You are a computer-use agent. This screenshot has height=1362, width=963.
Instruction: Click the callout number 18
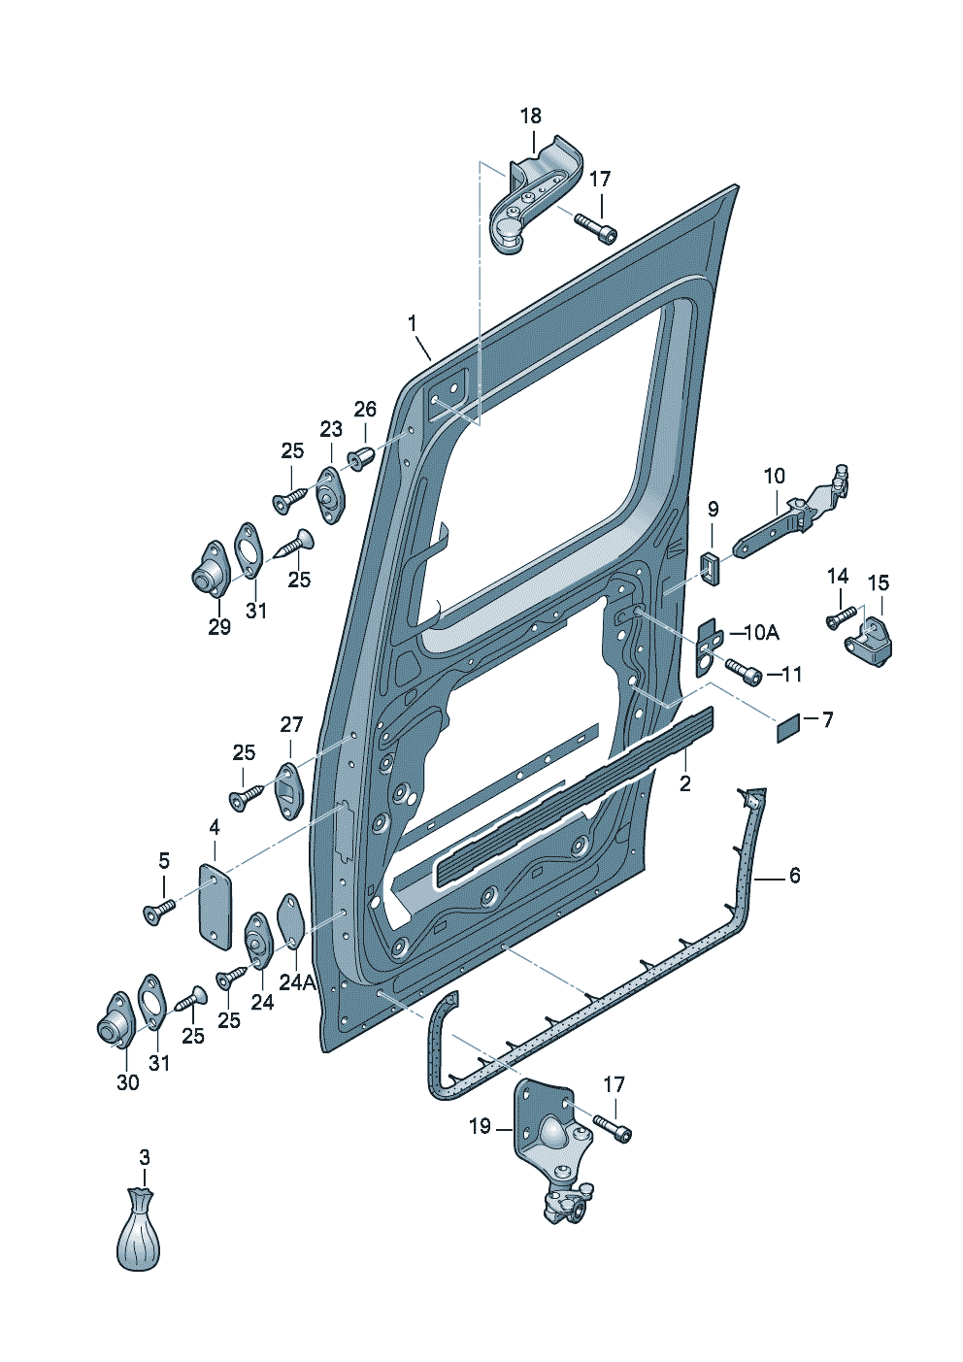point(531,116)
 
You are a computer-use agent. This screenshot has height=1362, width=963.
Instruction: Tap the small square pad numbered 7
point(788,728)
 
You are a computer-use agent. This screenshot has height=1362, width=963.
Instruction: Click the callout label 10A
point(761,633)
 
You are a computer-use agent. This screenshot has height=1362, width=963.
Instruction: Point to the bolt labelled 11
point(743,671)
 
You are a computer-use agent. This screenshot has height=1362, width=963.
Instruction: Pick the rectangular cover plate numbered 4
point(216,907)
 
